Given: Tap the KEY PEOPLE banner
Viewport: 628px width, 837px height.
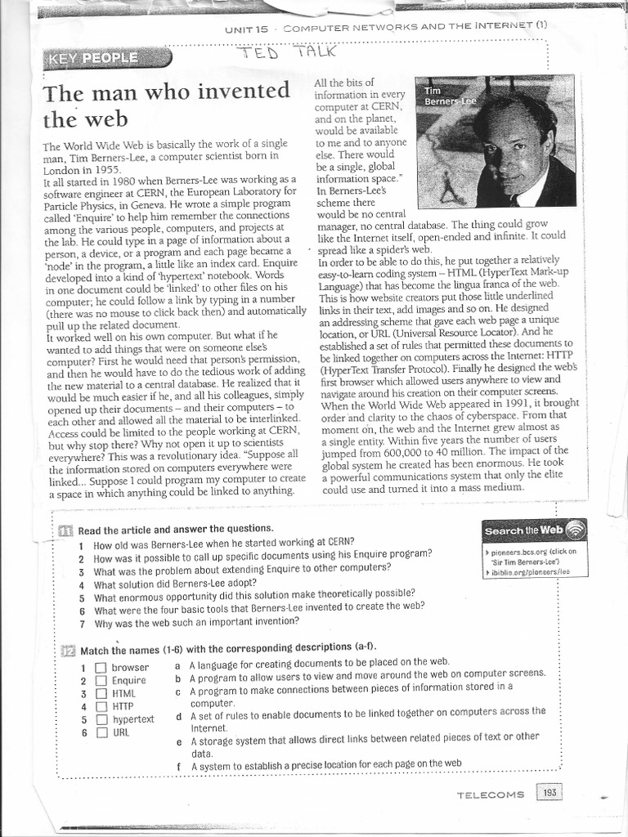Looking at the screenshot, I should pos(106,58).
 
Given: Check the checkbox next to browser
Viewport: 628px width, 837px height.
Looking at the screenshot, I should pos(101,668).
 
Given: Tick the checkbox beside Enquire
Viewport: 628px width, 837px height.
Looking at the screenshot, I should pos(101,680).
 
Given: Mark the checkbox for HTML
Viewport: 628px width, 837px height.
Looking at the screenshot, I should pos(101,693).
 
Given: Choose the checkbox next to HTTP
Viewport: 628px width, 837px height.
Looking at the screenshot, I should pos(101,706).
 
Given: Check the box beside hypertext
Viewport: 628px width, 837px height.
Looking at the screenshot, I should pos(101,719).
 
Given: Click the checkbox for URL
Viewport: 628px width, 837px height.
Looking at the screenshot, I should pos(101,732).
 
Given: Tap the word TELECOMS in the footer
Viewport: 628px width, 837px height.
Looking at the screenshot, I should pos(491,794).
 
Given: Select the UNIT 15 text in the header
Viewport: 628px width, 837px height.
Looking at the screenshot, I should pos(246,29).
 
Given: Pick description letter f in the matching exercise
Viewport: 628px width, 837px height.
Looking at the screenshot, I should pos(179,766).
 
